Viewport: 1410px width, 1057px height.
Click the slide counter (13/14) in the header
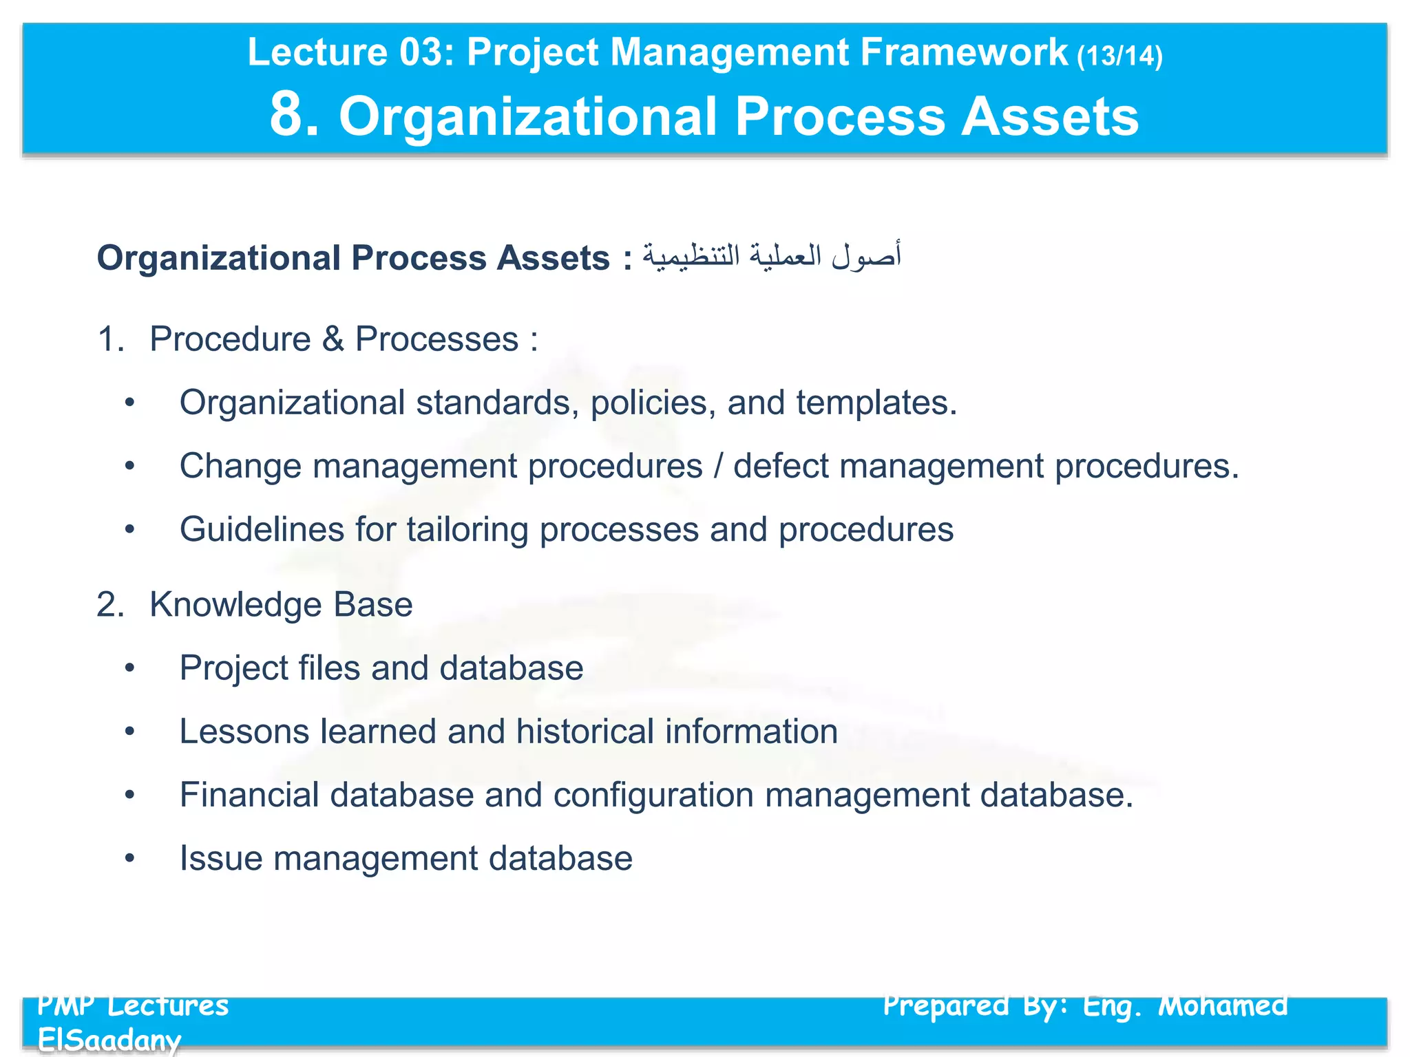point(1119,56)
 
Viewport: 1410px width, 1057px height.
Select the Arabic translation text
point(771,257)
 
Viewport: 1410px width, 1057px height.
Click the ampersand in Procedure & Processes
point(333,339)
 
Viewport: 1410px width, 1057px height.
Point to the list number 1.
point(110,339)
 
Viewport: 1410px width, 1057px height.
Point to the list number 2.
point(110,605)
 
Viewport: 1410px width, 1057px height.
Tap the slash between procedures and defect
point(718,466)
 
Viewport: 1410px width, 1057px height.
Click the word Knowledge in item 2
point(235,605)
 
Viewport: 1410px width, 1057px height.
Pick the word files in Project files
point(329,668)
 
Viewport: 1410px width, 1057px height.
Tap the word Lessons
point(244,732)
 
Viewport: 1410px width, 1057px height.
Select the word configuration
point(653,795)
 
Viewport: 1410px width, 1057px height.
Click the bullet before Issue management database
point(129,858)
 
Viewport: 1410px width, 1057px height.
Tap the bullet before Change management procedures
point(129,467)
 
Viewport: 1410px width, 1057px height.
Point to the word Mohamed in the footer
point(1223,1006)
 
